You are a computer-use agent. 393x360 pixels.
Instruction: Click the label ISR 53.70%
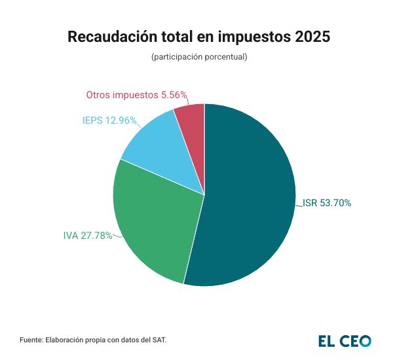tap(327, 203)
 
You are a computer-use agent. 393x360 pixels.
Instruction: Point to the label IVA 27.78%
tap(88, 236)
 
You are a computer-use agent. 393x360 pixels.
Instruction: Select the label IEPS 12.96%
tap(109, 120)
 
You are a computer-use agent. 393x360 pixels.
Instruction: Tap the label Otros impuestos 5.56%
tap(137, 95)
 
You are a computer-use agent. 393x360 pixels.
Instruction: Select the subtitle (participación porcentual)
tap(199, 57)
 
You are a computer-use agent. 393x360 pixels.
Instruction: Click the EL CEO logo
tap(345, 340)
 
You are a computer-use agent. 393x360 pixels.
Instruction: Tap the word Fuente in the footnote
tap(31, 340)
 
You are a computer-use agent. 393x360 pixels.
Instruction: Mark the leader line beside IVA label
tap(116, 234)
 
